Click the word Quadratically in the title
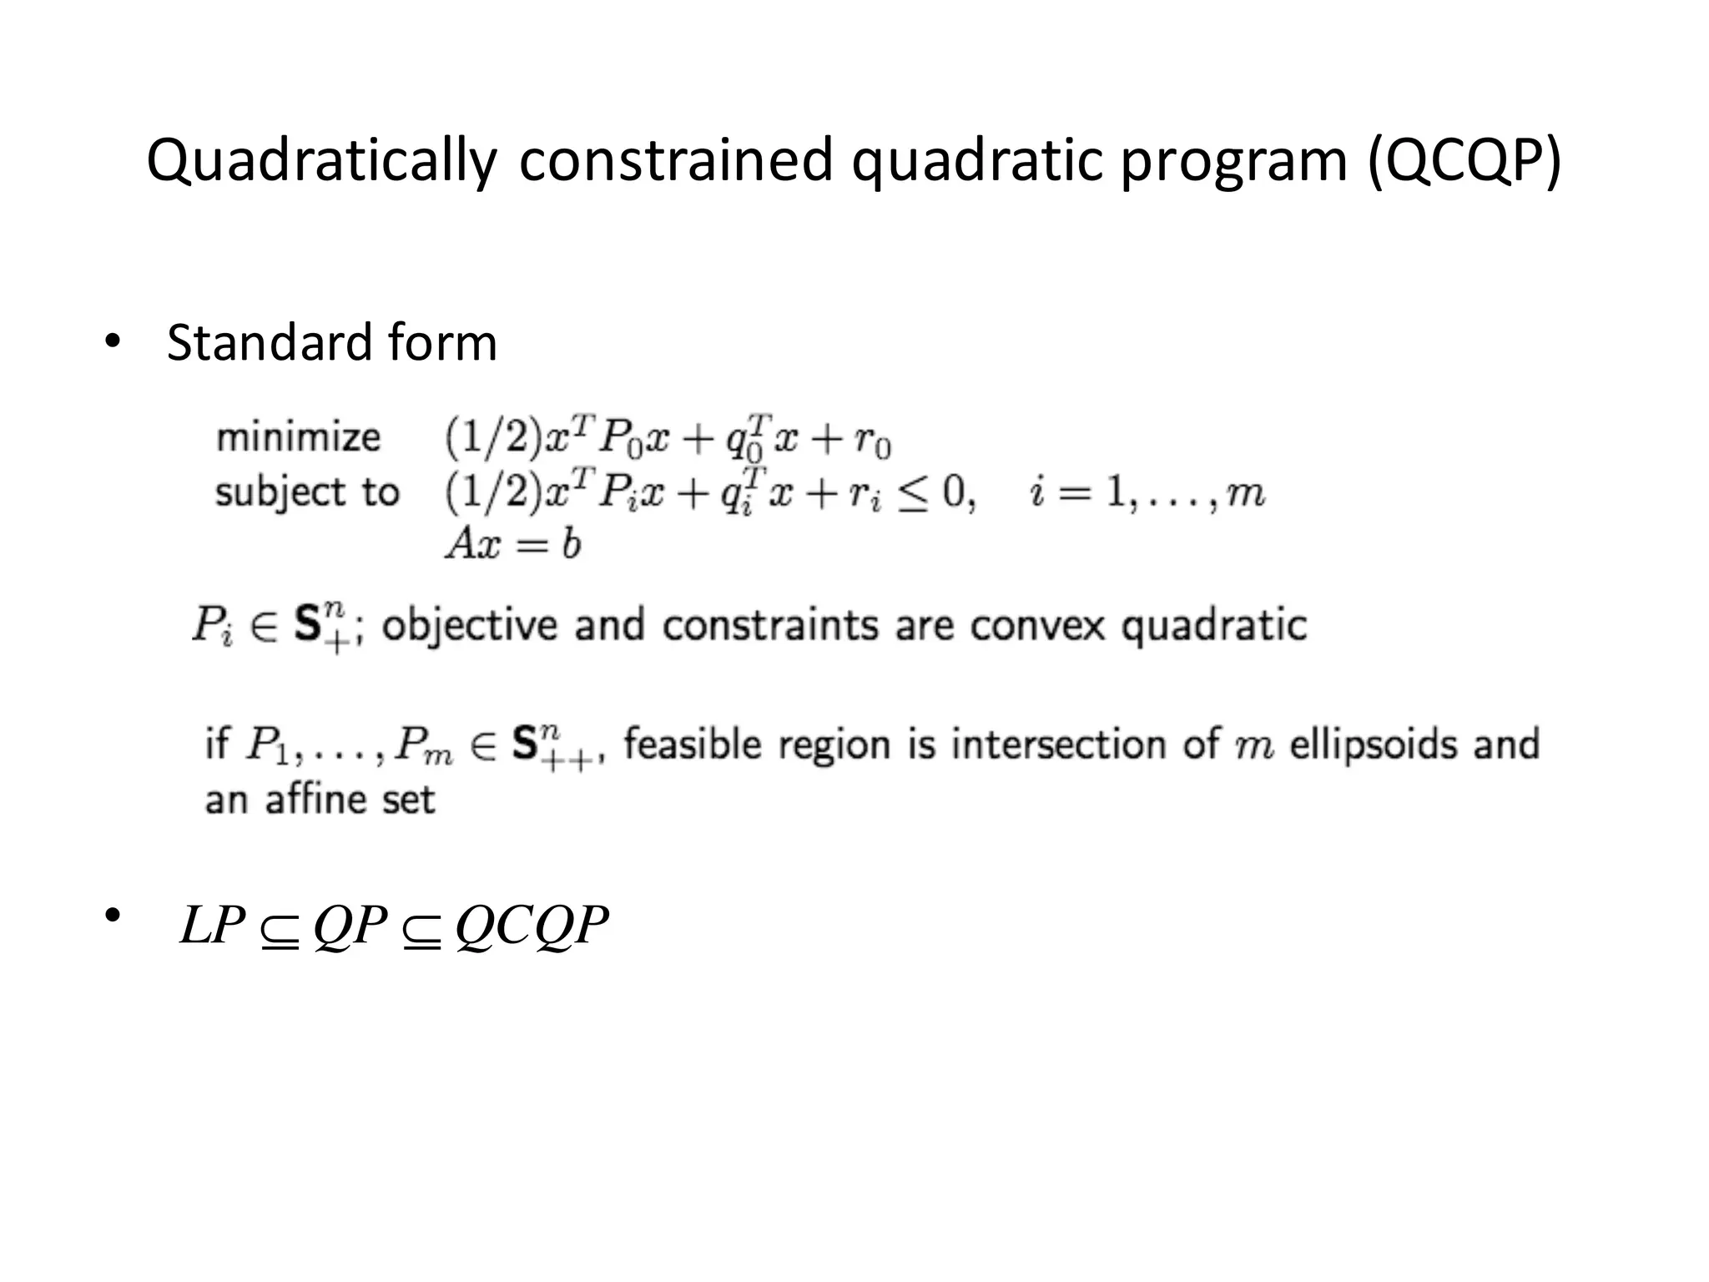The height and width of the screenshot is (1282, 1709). (x=321, y=160)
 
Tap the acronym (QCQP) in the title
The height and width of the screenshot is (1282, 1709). (x=1464, y=160)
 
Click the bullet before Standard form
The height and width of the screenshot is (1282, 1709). (x=112, y=343)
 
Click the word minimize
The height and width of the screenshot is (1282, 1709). (x=298, y=437)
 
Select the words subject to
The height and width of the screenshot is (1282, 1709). (x=307, y=492)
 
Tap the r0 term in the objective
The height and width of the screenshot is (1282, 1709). (x=872, y=441)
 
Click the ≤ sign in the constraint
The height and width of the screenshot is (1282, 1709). (x=914, y=493)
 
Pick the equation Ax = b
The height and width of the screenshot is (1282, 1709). (x=512, y=544)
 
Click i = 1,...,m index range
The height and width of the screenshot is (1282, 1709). (x=1147, y=493)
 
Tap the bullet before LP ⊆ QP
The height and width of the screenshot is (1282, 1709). (x=112, y=916)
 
